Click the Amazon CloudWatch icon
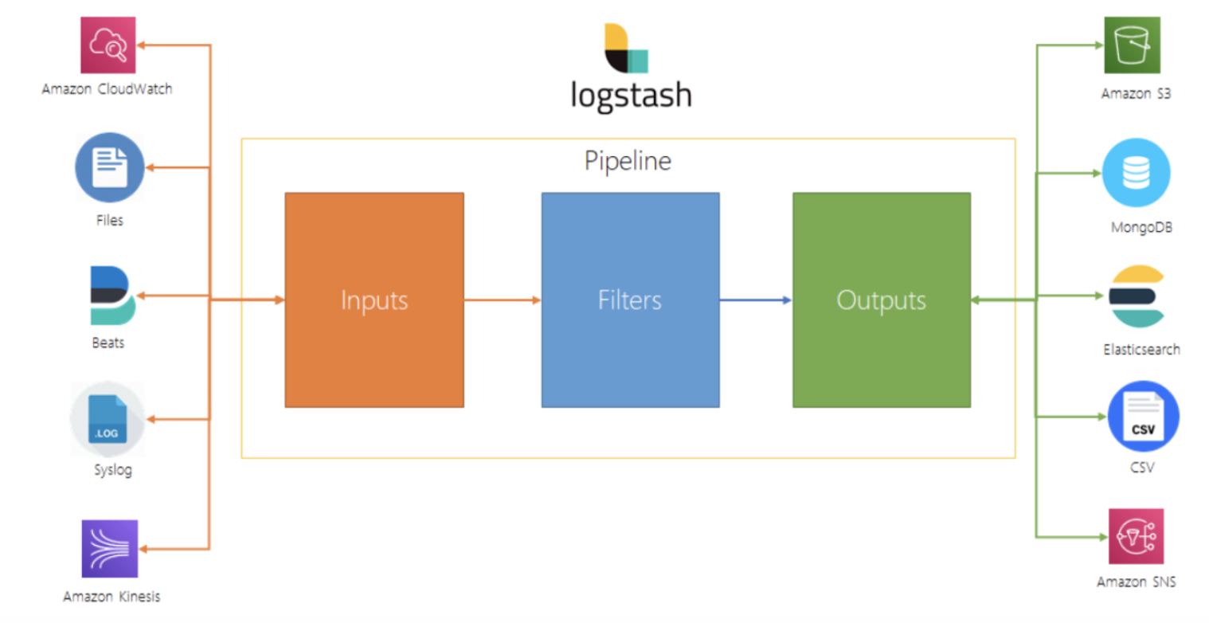pyautogui.click(x=109, y=45)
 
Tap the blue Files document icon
pyautogui.click(x=110, y=167)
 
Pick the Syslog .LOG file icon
pyautogui.click(x=108, y=419)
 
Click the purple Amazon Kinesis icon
pyautogui.click(x=110, y=548)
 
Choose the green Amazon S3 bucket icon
pyautogui.click(x=1132, y=45)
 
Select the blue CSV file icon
pyautogui.click(x=1143, y=416)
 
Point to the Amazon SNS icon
pyautogui.click(x=1137, y=536)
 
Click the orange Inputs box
pyautogui.click(x=374, y=300)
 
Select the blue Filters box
pyautogui.click(x=630, y=300)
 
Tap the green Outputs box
pyautogui.click(x=881, y=300)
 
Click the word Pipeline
pyautogui.click(x=628, y=161)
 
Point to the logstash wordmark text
pyautogui.click(x=631, y=94)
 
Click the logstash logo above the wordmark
pyautogui.click(x=626, y=48)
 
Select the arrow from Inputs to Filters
pyautogui.click(x=503, y=300)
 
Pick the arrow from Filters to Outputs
pyautogui.click(x=756, y=300)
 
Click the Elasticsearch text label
pyautogui.click(x=1141, y=350)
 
